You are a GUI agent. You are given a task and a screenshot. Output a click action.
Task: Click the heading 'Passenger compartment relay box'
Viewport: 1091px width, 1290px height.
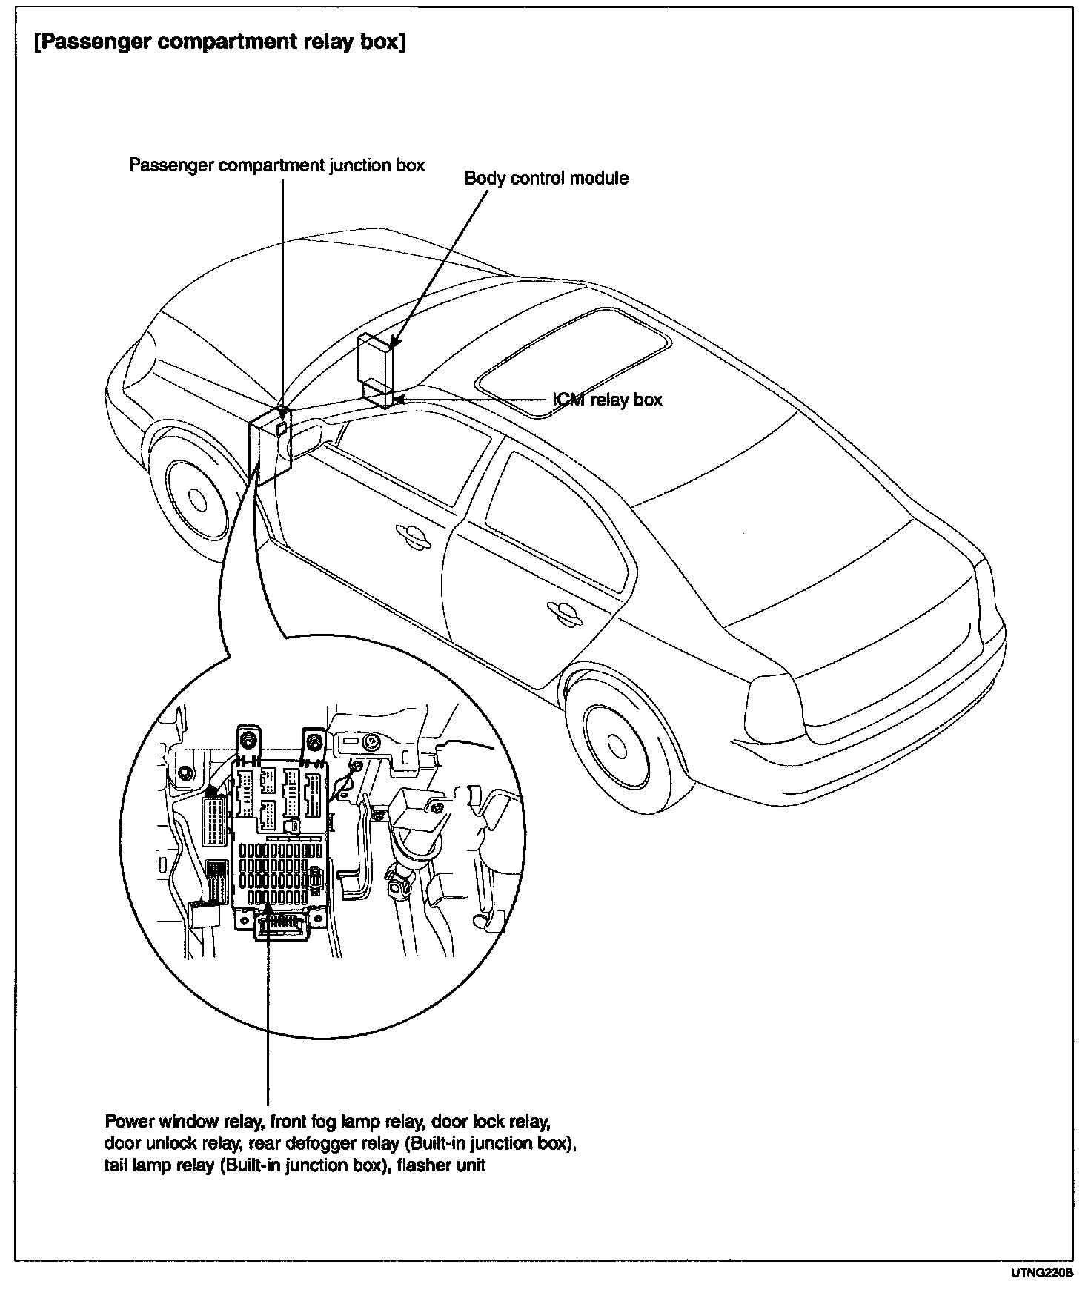coord(219,42)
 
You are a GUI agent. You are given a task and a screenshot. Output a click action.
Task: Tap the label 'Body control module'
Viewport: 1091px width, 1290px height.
coord(546,179)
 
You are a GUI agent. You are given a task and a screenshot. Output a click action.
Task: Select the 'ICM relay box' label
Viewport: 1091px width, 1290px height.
coord(607,400)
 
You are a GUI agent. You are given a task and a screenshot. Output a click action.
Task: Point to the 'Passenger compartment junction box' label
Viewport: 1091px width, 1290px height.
coord(277,165)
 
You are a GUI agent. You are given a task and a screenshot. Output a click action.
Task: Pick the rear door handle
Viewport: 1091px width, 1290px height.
coord(563,610)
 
